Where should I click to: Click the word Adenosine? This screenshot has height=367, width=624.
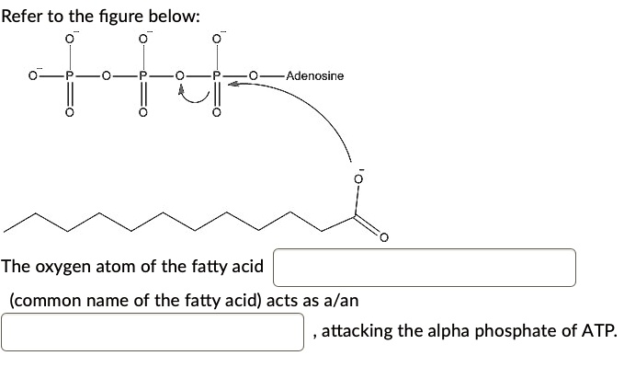(x=314, y=75)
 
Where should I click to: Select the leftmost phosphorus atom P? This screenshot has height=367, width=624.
(x=68, y=76)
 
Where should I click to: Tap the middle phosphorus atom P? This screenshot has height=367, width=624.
(x=142, y=76)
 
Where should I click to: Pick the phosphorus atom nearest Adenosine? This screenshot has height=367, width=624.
(x=217, y=76)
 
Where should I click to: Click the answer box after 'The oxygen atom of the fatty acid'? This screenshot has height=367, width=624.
(x=424, y=267)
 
